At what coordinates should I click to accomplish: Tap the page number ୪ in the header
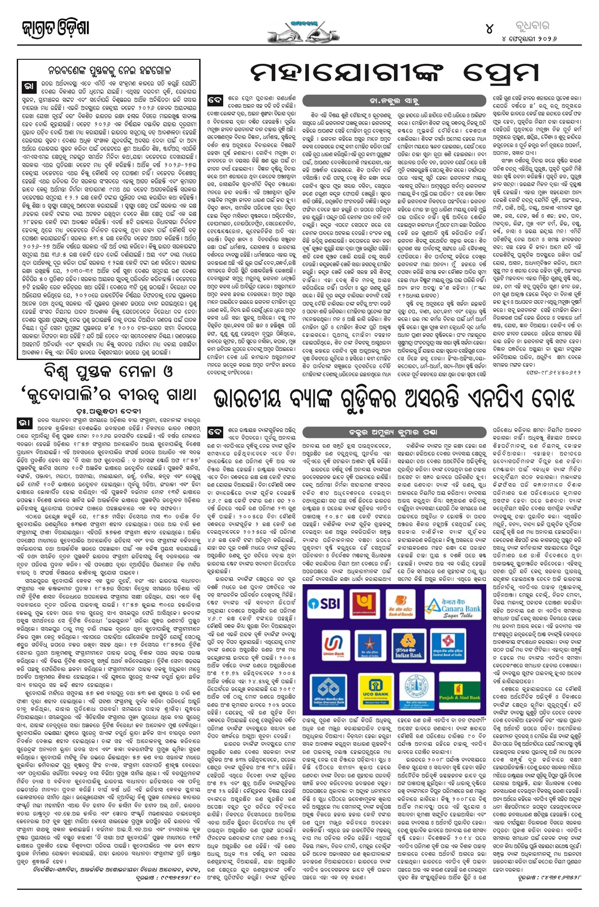coord(489,29)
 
